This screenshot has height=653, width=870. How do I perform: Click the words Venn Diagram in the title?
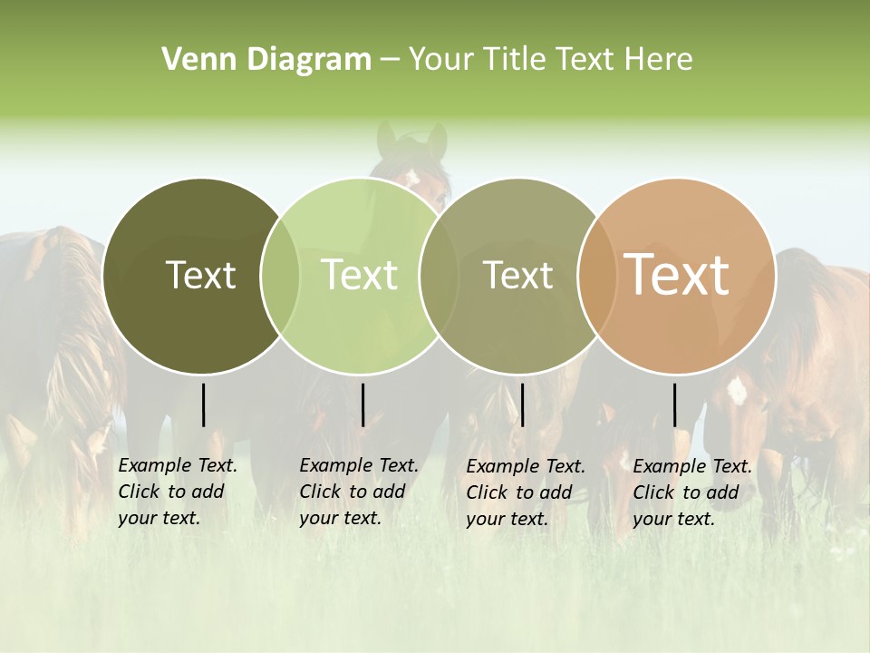click(266, 60)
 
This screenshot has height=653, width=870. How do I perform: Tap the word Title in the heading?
click(517, 60)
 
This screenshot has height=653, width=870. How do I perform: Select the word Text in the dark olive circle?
click(200, 275)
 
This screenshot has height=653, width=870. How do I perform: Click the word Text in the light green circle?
click(359, 275)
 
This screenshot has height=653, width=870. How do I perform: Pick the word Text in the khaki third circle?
click(517, 275)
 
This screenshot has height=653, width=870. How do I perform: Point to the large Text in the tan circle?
click(677, 275)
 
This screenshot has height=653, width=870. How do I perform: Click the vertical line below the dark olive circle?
click(204, 404)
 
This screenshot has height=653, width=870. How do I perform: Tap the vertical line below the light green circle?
click(362, 404)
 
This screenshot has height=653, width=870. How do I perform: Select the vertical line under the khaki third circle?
click(522, 404)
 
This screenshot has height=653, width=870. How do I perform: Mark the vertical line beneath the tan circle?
click(675, 404)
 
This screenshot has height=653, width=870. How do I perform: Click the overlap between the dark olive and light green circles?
click(280, 276)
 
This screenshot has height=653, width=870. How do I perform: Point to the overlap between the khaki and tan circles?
click(596, 276)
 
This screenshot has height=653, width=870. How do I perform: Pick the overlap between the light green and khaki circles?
click(438, 276)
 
